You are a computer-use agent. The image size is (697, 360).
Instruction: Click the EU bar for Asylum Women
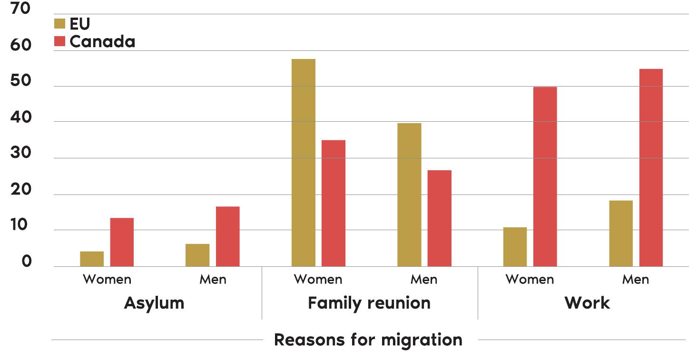92,259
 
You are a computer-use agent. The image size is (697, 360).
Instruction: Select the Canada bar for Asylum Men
228,236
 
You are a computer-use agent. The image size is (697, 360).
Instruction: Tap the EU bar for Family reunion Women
304,163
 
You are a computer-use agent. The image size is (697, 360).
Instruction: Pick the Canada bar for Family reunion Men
440,218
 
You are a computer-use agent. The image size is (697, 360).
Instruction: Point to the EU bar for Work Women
515,247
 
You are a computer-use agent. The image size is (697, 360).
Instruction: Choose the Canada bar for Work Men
651,167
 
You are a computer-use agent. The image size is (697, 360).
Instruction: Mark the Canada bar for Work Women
545,176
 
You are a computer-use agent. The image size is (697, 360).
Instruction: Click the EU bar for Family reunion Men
409,195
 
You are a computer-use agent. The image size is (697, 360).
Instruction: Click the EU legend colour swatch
59,24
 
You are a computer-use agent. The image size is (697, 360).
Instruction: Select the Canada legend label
102,41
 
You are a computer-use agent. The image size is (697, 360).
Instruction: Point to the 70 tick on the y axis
20,9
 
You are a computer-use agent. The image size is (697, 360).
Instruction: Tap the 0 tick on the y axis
26,262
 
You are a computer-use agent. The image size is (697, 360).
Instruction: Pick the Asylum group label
154,303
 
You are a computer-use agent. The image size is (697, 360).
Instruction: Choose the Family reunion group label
369,303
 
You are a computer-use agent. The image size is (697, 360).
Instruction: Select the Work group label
587,303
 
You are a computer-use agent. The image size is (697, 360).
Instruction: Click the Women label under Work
530,279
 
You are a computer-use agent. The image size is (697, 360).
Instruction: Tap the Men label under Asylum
213,279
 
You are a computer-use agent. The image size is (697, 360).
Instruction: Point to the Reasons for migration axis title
368,340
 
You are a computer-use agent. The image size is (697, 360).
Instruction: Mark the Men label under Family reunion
424,279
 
